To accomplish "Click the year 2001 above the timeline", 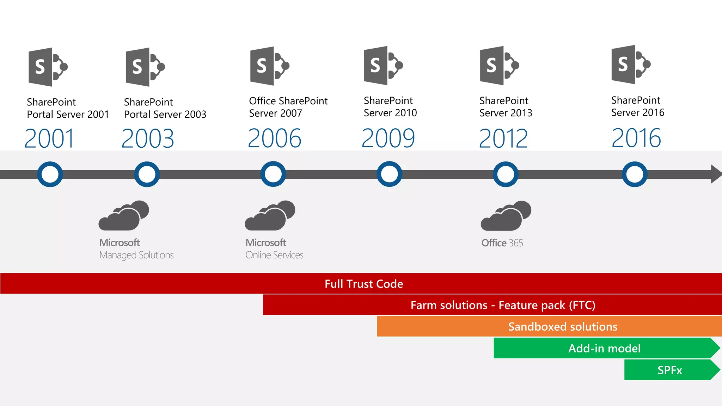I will (49, 138).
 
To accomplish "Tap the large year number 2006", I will (274, 138).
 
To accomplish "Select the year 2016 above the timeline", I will (636, 138).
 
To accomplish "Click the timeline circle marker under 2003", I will (147, 174).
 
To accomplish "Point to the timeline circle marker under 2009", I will (389, 174).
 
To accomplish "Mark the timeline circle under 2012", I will (506, 174).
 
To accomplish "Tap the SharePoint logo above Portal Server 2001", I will (48, 67).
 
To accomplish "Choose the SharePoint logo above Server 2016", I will (631, 64).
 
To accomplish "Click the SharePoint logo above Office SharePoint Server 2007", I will (269, 66).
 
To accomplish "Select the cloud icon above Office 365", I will (506, 216).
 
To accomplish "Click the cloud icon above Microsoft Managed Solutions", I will (124, 215).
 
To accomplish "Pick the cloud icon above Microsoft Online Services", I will (270, 215).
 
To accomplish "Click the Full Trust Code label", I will (364, 284).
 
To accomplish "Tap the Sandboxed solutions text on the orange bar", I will (563, 327).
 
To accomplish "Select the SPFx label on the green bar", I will (669, 370).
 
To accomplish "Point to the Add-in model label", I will (604, 348).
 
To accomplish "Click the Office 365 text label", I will (502, 243).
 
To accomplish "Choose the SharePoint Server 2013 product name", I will (506, 106).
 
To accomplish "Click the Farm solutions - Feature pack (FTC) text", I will (503, 305).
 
